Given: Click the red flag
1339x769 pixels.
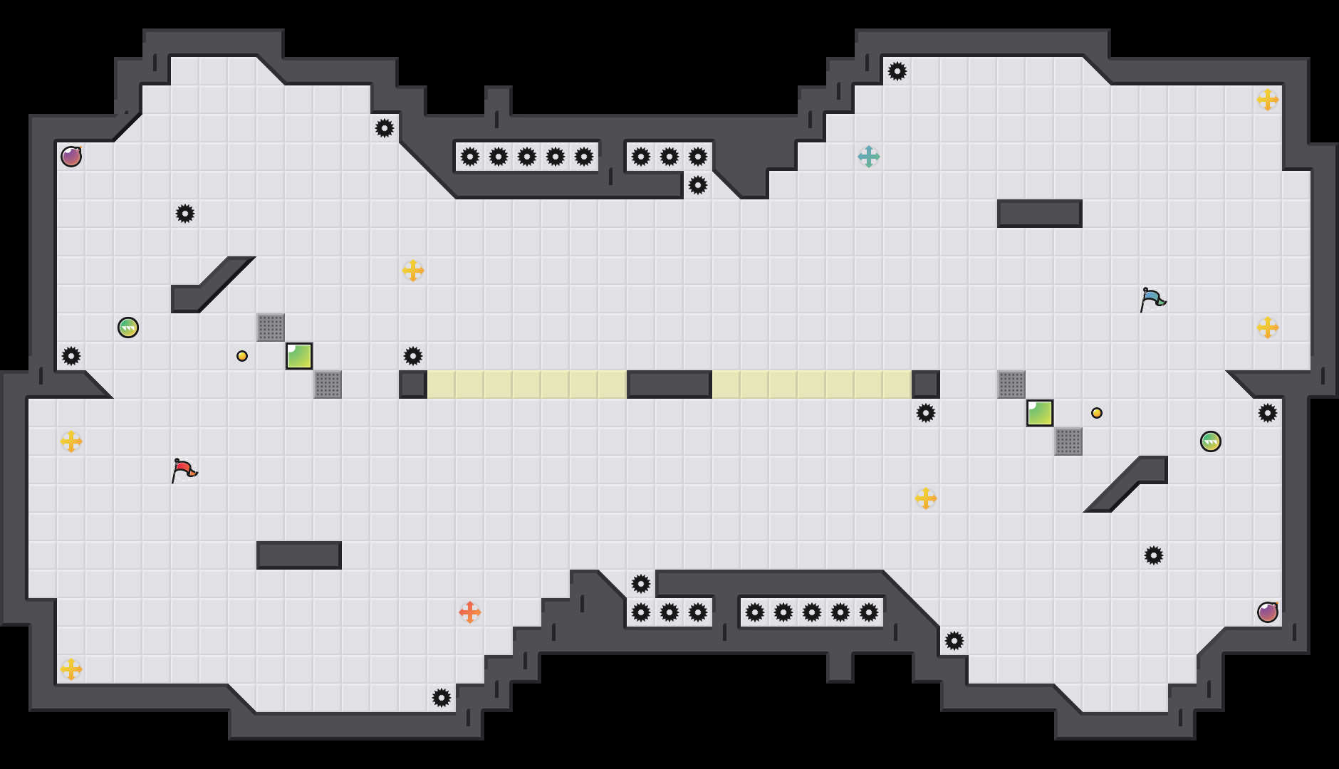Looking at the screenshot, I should tap(184, 470).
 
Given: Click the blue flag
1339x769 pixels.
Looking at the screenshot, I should tap(1152, 299).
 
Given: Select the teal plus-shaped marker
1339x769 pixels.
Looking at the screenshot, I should tap(869, 157).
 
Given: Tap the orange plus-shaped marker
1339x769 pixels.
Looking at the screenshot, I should tap(470, 612).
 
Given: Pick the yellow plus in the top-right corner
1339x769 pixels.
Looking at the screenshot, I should tap(1268, 100).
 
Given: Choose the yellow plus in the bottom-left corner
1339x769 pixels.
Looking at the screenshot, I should tap(71, 669).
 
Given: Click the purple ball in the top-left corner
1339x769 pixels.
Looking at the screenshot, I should tap(71, 157).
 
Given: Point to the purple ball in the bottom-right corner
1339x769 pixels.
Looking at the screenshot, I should tap(1268, 612).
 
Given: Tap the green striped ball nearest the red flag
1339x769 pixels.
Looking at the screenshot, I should tap(128, 328).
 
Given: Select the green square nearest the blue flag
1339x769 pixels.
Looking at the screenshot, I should tap(1040, 413).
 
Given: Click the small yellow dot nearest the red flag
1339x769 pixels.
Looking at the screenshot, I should tap(242, 356).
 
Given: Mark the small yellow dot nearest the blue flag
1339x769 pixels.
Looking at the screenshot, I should tap(1097, 413).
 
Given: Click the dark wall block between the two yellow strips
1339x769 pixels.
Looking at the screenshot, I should tap(669, 384).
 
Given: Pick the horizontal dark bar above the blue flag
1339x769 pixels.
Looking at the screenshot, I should tap(1040, 214).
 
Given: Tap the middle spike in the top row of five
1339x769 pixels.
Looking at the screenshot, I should tap(527, 157).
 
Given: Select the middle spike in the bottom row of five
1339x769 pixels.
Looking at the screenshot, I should tap(812, 612).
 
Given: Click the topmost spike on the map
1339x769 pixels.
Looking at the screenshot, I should tap(897, 71).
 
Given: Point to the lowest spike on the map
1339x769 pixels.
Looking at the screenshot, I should tap(442, 698).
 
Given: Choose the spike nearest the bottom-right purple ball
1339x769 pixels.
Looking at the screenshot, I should tap(1154, 555).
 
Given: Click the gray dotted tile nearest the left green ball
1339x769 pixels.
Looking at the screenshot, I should tap(271, 328).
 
